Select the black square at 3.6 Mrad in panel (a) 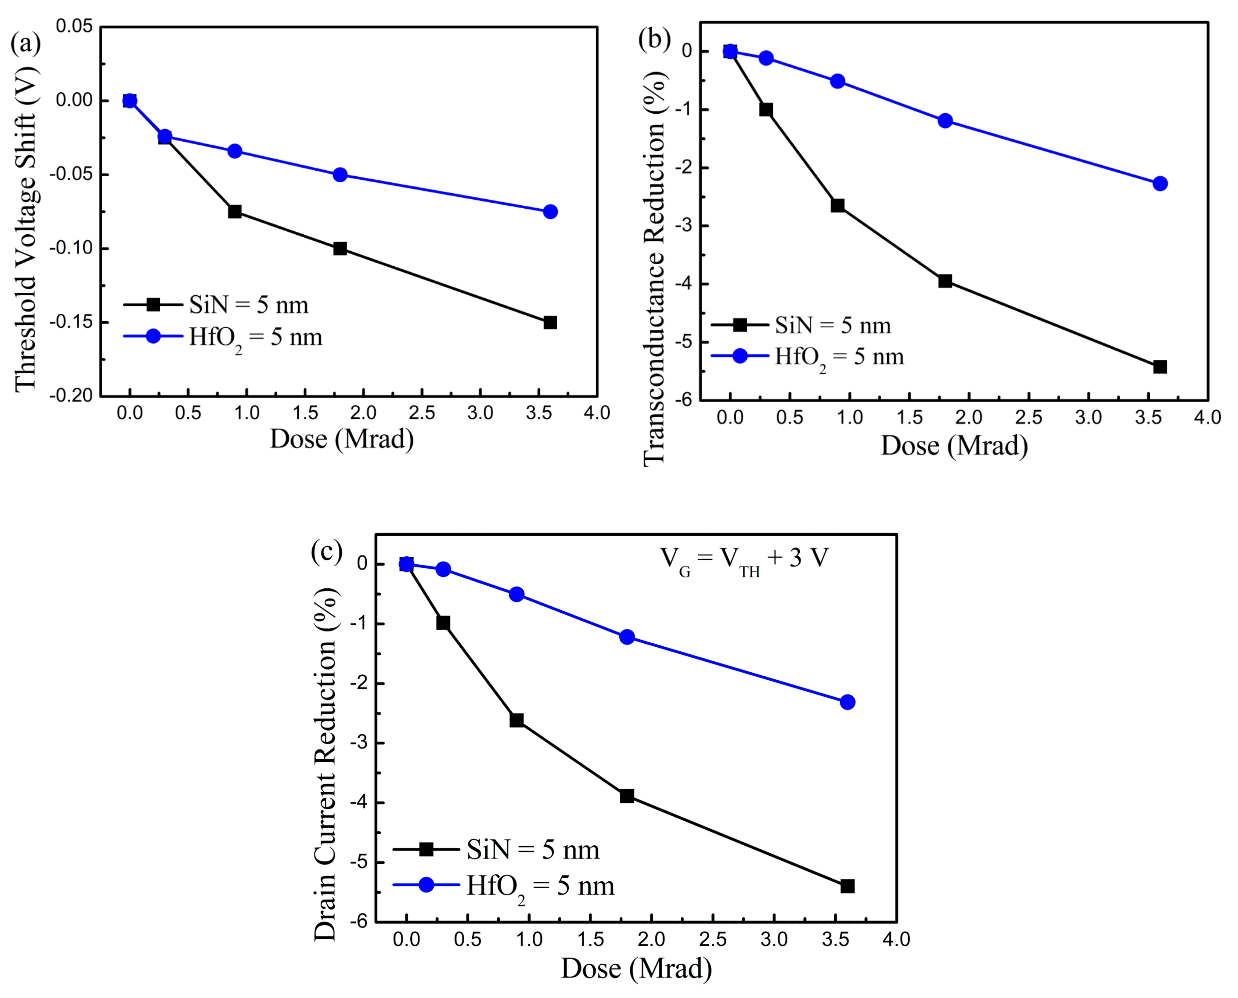tap(550, 323)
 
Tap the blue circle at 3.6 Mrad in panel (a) tap(550, 211)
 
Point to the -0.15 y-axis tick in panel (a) tap(71, 322)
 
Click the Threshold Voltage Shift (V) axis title tap(26, 230)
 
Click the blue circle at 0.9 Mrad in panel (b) tap(837, 81)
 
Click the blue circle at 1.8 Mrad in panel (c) tap(627, 637)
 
